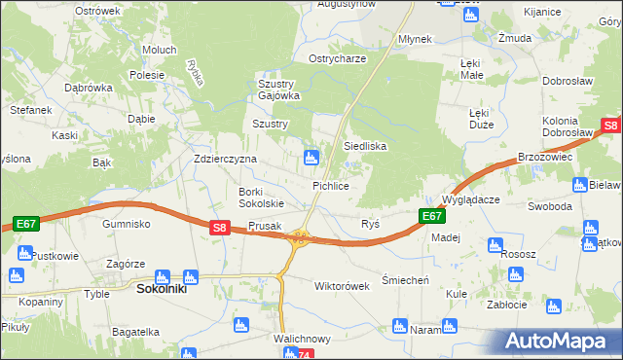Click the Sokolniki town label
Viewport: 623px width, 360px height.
pos(163,289)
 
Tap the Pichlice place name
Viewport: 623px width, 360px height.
pos(330,185)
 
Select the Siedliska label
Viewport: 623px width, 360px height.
pos(365,146)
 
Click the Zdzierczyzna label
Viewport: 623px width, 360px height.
pos(225,159)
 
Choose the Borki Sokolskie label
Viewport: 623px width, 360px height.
pos(261,198)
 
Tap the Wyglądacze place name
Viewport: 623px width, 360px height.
pos(470,198)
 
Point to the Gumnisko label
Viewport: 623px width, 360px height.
pos(126,223)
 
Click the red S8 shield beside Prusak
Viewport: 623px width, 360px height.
pos(220,228)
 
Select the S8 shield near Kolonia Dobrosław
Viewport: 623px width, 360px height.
pos(610,126)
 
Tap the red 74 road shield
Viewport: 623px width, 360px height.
pos(306,355)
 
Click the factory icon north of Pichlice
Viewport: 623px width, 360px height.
pos(311,156)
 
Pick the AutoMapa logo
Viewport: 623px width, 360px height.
pos(559,341)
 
